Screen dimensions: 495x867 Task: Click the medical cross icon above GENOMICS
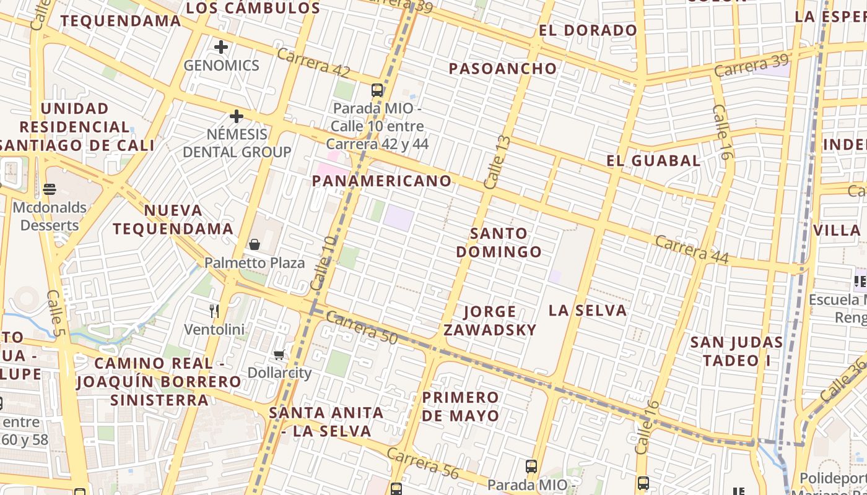coord(221,46)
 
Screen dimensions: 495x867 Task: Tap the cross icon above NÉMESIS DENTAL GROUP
coord(236,116)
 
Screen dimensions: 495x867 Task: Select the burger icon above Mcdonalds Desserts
coord(50,189)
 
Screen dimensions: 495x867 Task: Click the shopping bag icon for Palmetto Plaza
coord(254,244)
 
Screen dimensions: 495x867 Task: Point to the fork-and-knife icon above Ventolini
coord(214,311)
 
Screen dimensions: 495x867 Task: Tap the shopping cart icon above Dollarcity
coord(279,355)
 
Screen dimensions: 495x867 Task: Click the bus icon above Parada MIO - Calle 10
coord(377,90)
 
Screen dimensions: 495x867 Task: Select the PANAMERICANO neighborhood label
coord(382,181)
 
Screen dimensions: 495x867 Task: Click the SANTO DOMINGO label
coord(499,243)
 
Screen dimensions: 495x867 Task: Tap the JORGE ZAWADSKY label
coord(489,321)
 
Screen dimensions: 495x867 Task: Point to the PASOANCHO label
coord(503,68)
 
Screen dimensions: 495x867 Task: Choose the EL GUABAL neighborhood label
coord(653,161)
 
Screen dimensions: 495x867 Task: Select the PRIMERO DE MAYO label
coord(460,406)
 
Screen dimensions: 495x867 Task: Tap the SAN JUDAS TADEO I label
coord(736,351)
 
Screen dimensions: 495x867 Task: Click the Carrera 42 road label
coord(313,63)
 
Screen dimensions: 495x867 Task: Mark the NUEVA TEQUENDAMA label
coord(173,220)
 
